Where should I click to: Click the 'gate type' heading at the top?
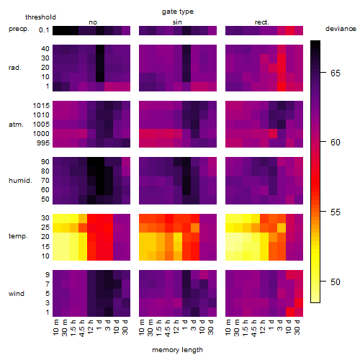pyautogui.click(x=178, y=12)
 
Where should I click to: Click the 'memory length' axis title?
pyautogui.click(x=177, y=350)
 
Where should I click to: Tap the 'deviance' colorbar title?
pyautogui.click(x=341, y=29)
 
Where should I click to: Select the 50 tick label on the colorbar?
pyautogui.click(x=336, y=282)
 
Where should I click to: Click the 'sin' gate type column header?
pyautogui.click(x=177, y=22)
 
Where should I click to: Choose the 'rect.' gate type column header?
pyautogui.click(x=261, y=22)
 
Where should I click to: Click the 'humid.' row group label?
pyautogui.click(x=20, y=180)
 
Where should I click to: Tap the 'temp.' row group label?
pyautogui.click(x=18, y=236)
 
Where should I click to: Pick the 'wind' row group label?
pyautogui.click(x=17, y=294)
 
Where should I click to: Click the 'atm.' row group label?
pyautogui.click(x=16, y=125)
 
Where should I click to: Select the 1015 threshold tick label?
pyautogui.click(x=41, y=105)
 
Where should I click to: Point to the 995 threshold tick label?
pyautogui.click(x=43, y=143)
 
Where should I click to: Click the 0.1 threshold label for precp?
pyautogui.click(x=44, y=30)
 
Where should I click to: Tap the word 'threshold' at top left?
pyautogui.click(x=40, y=17)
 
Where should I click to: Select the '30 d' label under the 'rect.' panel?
pyautogui.click(x=297, y=327)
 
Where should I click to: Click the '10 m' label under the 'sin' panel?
pyautogui.click(x=142, y=327)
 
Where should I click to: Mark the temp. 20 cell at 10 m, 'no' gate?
pyautogui.click(x=57, y=237)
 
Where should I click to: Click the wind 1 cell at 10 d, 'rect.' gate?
pyautogui.click(x=290, y=312)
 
